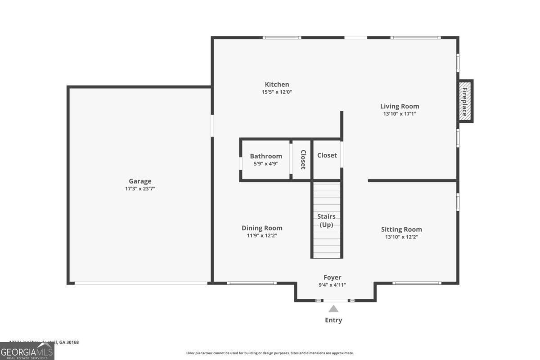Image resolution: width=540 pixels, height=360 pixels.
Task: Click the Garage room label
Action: (x=140, y=181)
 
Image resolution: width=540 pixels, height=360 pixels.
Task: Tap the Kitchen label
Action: (x=277, y=85)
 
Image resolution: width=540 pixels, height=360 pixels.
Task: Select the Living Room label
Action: (x=400, y=107)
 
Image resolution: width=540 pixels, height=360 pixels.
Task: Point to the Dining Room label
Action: (x=262, y=228)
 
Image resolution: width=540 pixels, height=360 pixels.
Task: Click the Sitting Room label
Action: (x=401, y=229)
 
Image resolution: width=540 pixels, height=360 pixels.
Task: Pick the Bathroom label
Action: (x=266, y=157)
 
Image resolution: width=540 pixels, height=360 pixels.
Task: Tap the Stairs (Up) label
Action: (x=327, y=220)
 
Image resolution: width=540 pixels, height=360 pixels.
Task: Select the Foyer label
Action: (x=333, y=278)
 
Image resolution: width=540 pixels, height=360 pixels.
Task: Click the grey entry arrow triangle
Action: (x=333, y=309)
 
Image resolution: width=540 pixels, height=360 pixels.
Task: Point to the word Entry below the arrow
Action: (x=333, y=320)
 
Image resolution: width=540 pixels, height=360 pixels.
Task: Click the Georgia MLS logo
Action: (x=27, y=351)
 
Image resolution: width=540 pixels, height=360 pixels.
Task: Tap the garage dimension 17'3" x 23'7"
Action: (x=140, y=189)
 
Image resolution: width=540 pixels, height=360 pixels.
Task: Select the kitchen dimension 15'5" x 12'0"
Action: (x=277, y=92)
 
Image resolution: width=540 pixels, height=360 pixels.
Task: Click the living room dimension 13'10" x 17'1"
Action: (x=400, y=114)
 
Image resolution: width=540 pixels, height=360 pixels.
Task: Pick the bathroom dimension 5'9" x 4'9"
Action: (x=266, y=164)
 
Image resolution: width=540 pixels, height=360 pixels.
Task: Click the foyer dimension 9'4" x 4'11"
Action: (x=333, y=285)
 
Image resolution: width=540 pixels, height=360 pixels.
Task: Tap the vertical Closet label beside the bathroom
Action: (x=303, y=159)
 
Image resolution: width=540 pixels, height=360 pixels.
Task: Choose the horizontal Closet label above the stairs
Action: (x=327, y=155)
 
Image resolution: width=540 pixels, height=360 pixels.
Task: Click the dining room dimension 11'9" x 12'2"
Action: (x=262, y=236)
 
